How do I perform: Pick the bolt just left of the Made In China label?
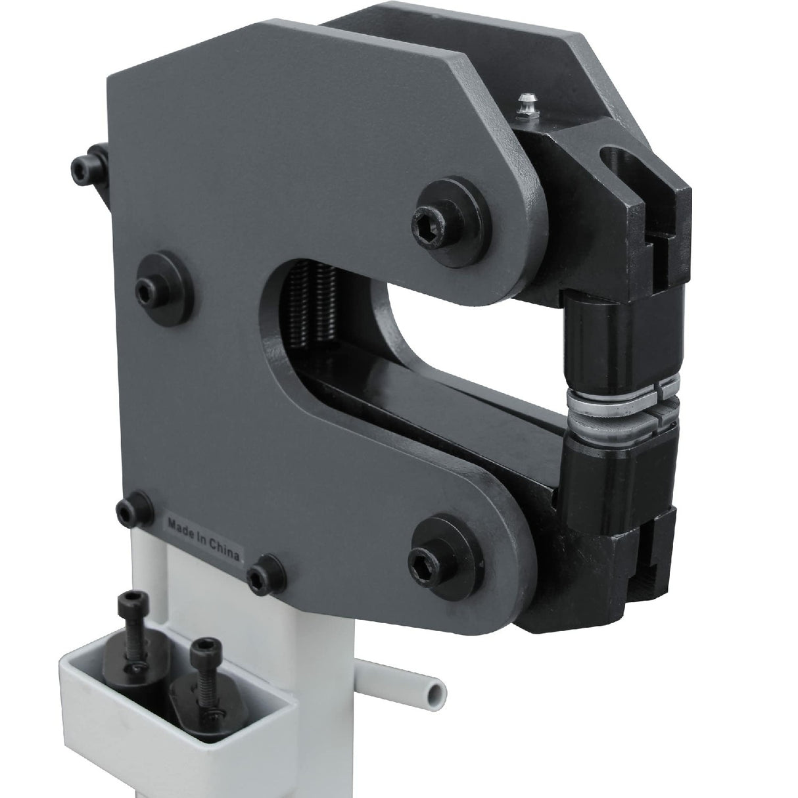pos(130,509)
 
